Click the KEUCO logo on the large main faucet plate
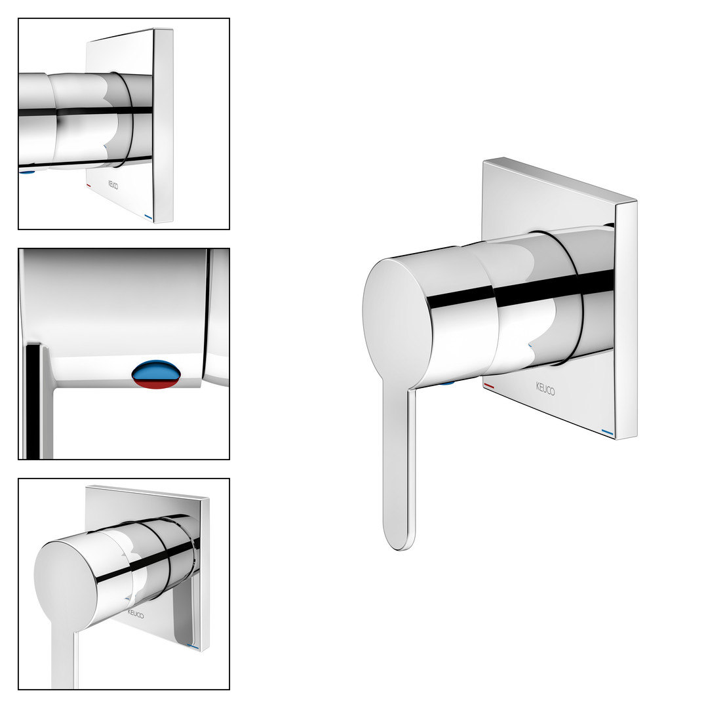click(x=545, y=389)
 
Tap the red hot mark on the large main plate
click(x=489, y=386)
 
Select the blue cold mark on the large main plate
click(x=608, y=433)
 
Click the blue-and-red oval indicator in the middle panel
click(x=157, y=374)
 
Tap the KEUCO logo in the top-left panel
click(x=113, y=185)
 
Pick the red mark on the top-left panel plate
click(x=88, y=186)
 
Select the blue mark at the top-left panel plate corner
click(x=149, y=217)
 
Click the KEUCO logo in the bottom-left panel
click(x=136, y=614)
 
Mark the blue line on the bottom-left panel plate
click(x=193, y=646)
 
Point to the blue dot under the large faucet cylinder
click(x=448, y=383)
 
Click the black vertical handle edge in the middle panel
click(x=33, y=402)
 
